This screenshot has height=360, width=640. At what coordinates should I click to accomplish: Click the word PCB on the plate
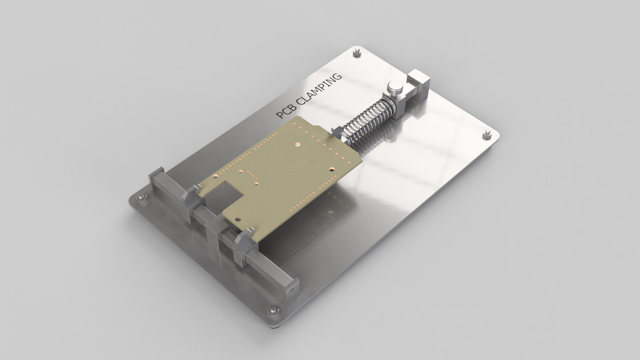[x=285, y=111]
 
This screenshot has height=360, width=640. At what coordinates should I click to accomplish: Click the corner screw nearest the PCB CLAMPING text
[x=357, y=51]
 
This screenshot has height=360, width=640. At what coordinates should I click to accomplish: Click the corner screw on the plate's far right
[x=487, y=135]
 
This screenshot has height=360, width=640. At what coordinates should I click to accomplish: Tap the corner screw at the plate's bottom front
[x=273, y=311]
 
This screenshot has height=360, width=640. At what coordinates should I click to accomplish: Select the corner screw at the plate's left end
[x=141, y=198]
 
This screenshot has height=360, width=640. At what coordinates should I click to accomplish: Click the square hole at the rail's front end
[x=290, y=289]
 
